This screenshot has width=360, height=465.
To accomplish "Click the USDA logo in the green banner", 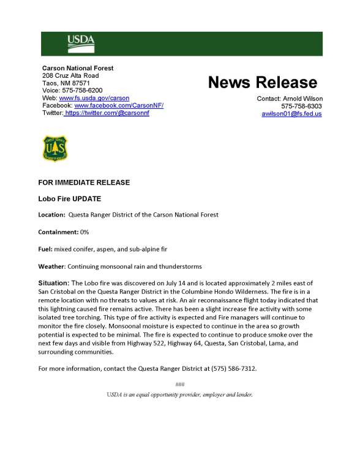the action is coord(81,42).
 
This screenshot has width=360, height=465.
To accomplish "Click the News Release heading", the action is coord(263,83).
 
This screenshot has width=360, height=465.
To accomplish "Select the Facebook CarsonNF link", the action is coord(119,105).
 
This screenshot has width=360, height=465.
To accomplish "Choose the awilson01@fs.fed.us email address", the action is coord(291,114).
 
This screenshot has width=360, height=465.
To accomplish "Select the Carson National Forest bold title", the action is coord(78,67).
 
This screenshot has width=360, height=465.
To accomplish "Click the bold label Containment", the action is coord(58,232).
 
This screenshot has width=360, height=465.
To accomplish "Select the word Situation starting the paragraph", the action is coord(54,283).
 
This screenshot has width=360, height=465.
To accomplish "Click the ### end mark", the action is coord(179,384).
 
